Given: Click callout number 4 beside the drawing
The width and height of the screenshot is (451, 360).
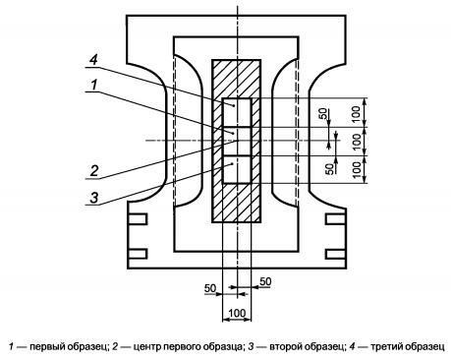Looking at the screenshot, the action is point(93,60).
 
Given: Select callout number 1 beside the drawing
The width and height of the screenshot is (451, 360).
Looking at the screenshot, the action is point(94,85).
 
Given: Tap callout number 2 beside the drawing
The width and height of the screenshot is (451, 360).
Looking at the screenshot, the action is point(94,171).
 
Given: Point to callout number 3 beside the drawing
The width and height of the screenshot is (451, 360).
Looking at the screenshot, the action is point(94,198).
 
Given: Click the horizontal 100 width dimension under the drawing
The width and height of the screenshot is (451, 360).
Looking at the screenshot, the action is point(237,313).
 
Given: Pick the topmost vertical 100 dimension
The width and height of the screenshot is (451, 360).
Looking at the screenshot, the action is point(357,113).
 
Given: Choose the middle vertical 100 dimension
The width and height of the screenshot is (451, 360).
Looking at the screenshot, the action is point(357,142).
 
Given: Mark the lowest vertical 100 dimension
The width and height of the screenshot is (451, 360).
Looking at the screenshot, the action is point(357,169).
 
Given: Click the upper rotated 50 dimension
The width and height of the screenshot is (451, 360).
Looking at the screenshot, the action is point(323,113).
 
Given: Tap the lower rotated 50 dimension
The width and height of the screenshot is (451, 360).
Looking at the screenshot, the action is point(330,168).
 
